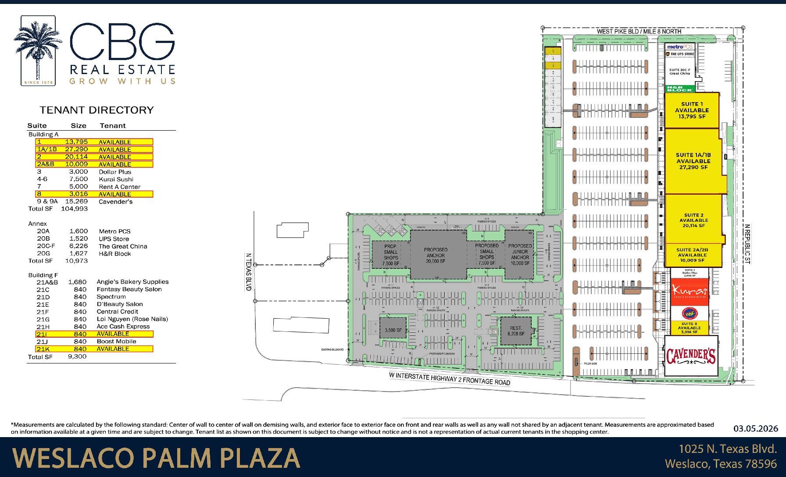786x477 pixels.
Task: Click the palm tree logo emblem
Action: tap(38, 50)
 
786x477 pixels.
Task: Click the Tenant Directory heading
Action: tap(96, 110)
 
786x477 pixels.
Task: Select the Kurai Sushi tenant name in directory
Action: tap(116, 179)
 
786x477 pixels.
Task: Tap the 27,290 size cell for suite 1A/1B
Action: tap(76, 150)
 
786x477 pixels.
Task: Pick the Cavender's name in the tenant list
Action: tap(115, 202)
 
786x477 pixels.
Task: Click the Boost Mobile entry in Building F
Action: tap(116, 342)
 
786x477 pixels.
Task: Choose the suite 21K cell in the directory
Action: tap(43, 349)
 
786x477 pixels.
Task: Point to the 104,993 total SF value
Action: tap(74, 209)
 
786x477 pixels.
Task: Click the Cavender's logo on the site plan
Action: tap(691, 356)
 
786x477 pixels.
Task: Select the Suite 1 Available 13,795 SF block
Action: tap(692, 110)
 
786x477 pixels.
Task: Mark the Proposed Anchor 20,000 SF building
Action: tap(436, 255)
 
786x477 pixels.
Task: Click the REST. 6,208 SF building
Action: tap(516, 331)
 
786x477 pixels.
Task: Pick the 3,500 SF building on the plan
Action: tap(393, 330)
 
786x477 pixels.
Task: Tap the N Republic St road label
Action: tap(747, 244)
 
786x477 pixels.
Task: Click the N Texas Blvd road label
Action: tap(248, 272)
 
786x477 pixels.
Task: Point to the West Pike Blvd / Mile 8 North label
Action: tap(639, 31)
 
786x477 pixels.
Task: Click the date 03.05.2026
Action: tap(755, 428)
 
